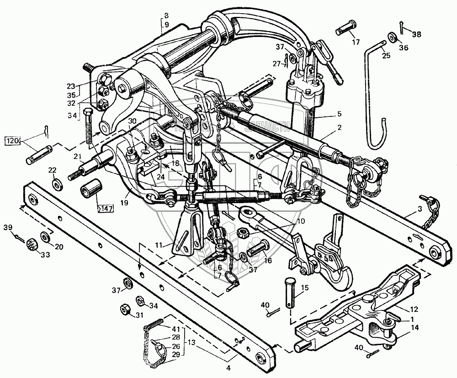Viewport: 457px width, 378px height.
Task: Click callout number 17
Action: point(356,43)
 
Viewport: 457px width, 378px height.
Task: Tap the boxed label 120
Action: point(12,140)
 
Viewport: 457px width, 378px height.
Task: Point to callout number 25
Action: point(386,56)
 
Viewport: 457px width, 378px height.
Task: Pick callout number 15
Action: point(305,288)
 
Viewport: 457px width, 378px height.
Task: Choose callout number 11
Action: point(159,246)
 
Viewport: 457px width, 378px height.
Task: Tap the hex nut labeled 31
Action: point(124,310)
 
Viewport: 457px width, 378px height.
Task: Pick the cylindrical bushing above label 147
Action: point(90,192)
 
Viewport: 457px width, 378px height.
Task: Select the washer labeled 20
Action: point(46,237)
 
